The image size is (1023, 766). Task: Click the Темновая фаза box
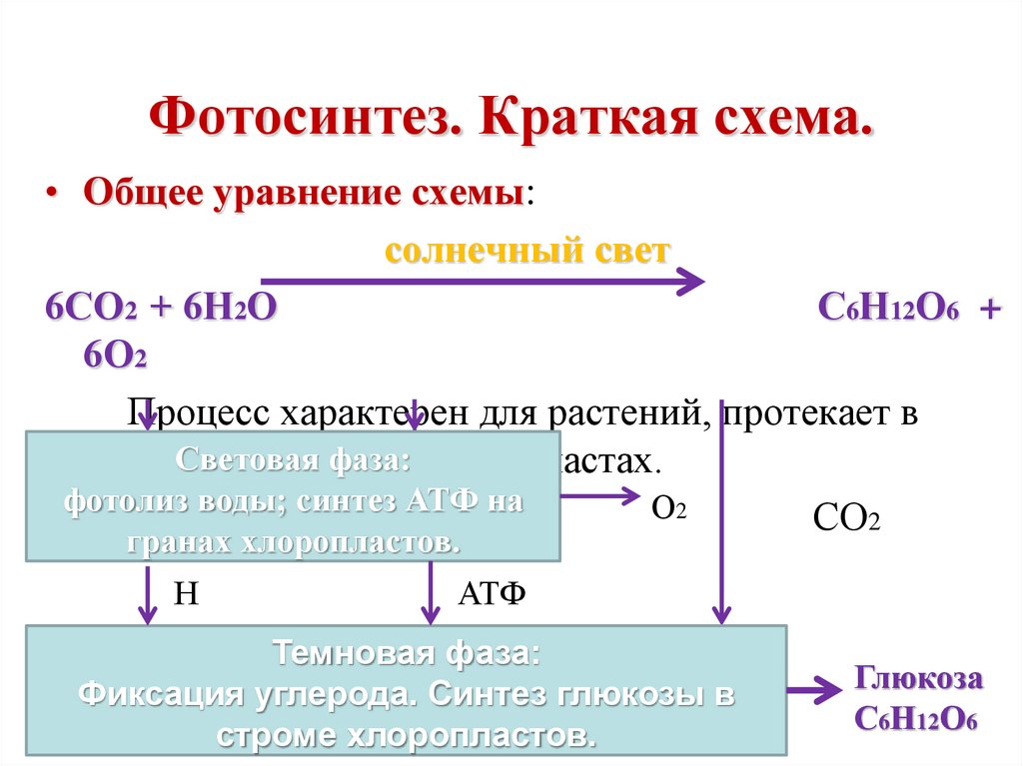[x=406, y=691]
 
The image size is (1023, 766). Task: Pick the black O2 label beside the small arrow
[x=668, y=507]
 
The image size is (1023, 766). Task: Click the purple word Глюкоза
[x=918, y=679]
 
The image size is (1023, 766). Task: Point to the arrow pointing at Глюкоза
[x=814, y=689]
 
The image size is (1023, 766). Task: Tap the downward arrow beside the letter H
[x=148, y=594]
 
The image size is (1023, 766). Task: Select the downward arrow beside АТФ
[x=431, y=594]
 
